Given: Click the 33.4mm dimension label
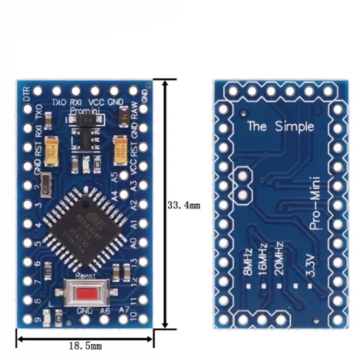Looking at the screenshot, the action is (x=183, y=205).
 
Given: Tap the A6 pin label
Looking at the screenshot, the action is (x=105, y=310).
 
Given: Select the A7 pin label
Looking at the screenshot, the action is (x=124, y=310).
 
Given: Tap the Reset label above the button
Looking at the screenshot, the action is (x=85, y=275).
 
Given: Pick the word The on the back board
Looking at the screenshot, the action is (x=257, y=126).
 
